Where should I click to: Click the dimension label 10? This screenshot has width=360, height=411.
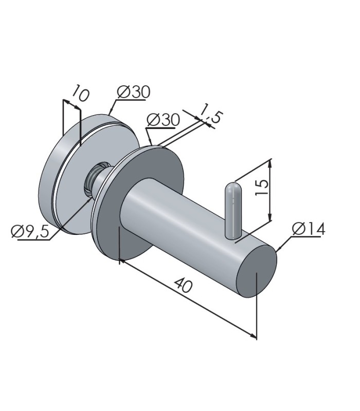click(81, 93)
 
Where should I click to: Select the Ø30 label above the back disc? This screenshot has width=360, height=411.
click(134, 92)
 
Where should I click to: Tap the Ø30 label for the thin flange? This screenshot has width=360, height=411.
click(164, 120)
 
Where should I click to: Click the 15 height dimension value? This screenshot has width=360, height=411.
click(262, 187)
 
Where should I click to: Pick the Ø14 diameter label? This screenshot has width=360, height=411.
click(309, 229)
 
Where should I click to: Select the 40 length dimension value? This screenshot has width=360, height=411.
click(184, 285)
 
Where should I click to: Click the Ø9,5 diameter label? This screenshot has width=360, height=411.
click(30, 232)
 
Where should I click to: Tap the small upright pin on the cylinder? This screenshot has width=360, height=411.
click(232, 210)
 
